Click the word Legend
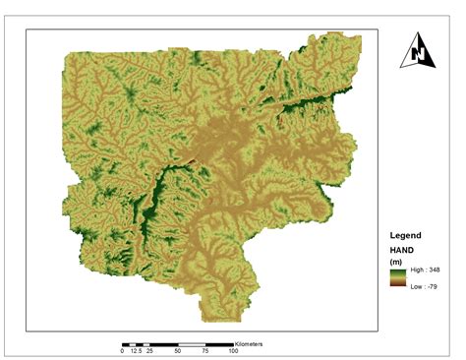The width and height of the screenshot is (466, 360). [406, 236]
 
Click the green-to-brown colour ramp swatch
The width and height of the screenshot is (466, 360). [396, 278]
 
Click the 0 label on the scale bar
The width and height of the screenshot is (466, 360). [123, 350]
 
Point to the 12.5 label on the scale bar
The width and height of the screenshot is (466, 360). [136, 350]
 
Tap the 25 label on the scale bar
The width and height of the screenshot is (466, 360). [149, 350]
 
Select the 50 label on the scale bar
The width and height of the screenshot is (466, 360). [178, 350]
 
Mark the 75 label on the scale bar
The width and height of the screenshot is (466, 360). [205, 350]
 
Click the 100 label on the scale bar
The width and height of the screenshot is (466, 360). [233, 350]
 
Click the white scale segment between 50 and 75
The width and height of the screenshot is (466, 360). [192, 343]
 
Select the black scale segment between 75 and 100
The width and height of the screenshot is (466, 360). [219, 343]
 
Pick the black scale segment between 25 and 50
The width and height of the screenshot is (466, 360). [164, 343]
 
